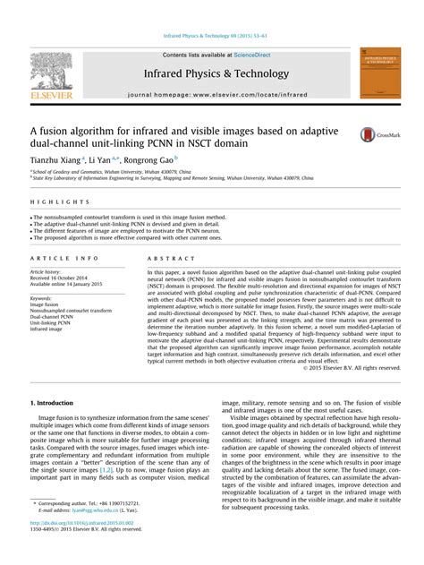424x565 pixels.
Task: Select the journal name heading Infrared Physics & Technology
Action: coord(213,73)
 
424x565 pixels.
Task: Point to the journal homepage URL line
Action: coord(213,94)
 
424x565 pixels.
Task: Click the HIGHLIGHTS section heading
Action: coord(55,201)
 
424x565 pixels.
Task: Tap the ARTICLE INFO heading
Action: coord(64,258)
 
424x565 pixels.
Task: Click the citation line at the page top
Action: coord(212,37)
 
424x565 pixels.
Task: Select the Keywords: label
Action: coord(41,297)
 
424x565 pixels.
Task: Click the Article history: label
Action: coord(48,271)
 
